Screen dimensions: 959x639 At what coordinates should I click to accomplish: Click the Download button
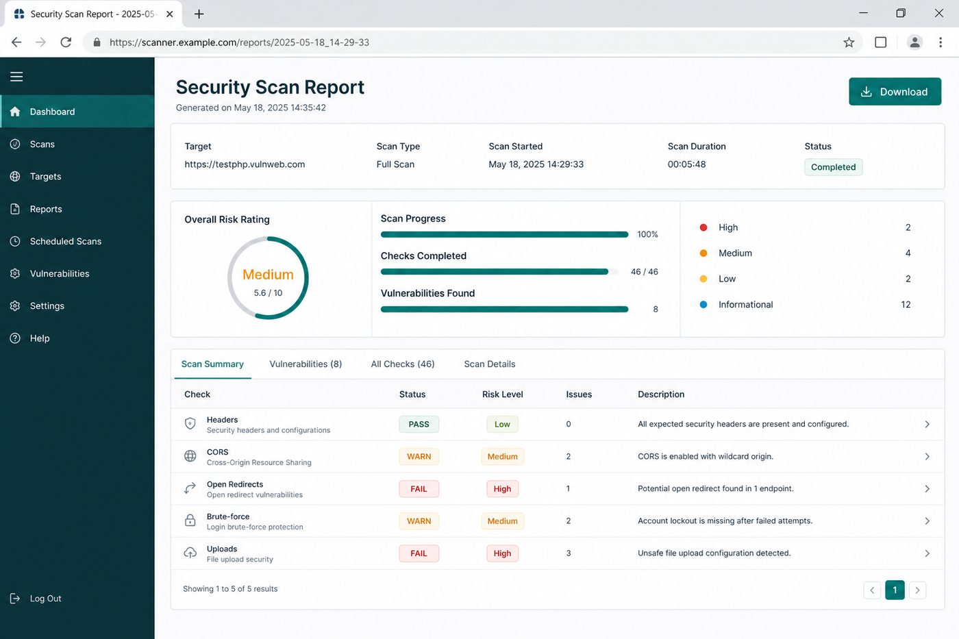point(895,92)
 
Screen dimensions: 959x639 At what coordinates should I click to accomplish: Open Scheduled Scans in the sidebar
point(66,241)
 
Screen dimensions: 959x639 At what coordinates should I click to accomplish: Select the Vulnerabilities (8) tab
point(306,364)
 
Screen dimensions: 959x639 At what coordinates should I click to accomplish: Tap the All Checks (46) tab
point(403,364)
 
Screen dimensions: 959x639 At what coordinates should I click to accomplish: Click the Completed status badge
point(833,167)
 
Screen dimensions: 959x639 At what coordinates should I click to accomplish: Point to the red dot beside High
point(703,227)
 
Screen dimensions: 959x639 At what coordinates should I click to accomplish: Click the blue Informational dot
point(703,305)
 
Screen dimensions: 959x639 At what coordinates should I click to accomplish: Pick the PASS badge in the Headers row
point(419,424)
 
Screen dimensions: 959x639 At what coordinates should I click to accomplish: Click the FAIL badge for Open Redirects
point(419,489)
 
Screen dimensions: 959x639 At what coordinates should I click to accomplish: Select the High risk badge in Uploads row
point(502,553)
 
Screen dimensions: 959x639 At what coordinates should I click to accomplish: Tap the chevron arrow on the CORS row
point(927,457)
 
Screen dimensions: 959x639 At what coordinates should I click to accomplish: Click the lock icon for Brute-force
point(190,521)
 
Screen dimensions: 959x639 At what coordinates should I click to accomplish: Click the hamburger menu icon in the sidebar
point(16,77)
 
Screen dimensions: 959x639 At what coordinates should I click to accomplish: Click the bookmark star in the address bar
point(849,42)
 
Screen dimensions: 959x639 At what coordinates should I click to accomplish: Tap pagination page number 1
point(895,590)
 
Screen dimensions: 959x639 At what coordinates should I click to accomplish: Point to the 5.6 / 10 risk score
point(268,293)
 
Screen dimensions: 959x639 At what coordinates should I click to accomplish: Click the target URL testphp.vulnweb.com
point(245,164)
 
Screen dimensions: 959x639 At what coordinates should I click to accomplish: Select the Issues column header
point(579,394)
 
